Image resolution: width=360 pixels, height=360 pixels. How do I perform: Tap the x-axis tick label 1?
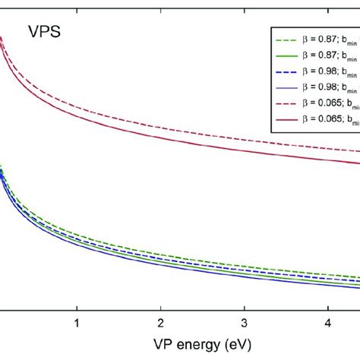coord(76,322)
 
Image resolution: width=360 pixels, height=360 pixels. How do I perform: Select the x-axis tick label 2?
coord(160,322)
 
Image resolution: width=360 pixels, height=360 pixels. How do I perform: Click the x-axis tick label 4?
coord(327,322)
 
